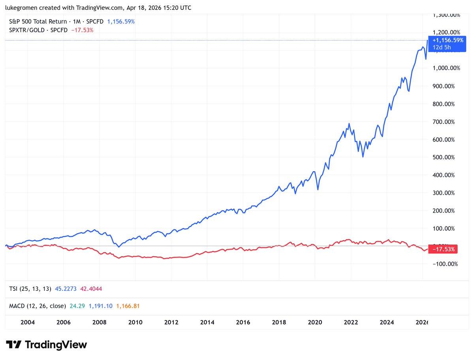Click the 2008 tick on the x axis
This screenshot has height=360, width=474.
pyautogui.click(x=100, y=322)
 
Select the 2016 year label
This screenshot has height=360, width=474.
pyautogui.click(x=243, y=322)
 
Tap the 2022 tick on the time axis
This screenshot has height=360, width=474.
pyautogui.click(x=351, y=322)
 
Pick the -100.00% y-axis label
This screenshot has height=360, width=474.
pyautogui.click(x=446, y=264)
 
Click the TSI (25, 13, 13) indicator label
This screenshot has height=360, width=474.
pyautogui.click(x=30, y=289)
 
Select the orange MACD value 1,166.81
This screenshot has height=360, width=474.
pyautogui.click(x=128, y=306)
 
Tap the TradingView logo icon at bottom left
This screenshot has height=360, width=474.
pyautogui.click(x=13, y=345)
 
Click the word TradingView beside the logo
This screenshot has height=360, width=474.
pyautogui.click(x=56, y=345)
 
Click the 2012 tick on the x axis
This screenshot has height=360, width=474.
pyautogui.click(x=171, y=322)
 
